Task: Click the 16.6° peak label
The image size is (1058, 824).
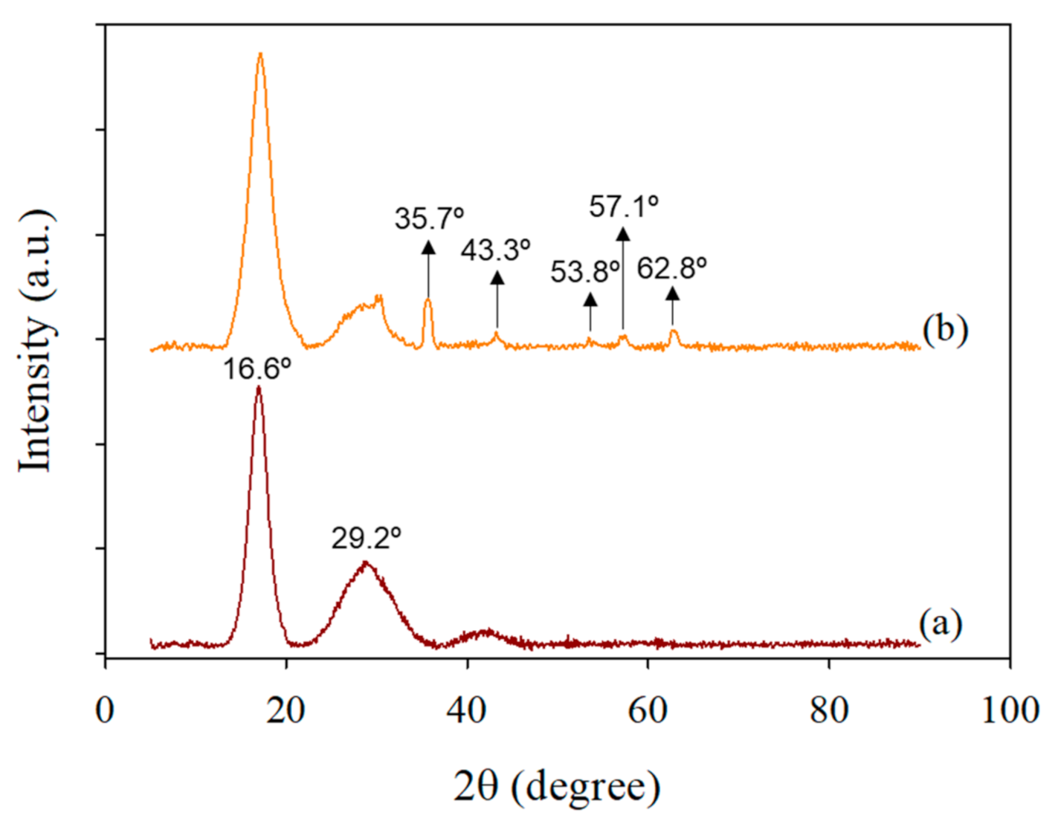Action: tap(257, 368)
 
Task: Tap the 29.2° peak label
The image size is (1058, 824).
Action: tap(366, 537)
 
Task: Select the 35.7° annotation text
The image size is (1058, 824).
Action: tap(429, 218)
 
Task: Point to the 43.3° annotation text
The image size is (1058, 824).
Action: tap(495, 250)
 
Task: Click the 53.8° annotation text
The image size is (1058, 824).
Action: tap(584, 273)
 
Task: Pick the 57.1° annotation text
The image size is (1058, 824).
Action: tap(624, 206)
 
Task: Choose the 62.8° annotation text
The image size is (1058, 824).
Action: tap(671, 268)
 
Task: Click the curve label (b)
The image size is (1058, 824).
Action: tap(945, 328)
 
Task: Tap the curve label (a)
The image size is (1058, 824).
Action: tap(941, 623)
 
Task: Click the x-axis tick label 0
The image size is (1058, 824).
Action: tap(105, 710)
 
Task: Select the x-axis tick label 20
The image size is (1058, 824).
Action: tap(286, 710)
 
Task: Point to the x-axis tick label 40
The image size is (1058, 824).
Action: tap(467, 710)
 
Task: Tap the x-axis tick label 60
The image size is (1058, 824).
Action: tap(648, 710)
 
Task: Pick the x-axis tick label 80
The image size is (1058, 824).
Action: tap(829, 710)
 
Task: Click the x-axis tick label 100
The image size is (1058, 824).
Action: tap(1010, 710)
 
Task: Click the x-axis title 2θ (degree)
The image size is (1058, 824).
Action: tap(557, 786)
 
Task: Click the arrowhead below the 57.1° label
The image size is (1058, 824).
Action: tap(623, 234)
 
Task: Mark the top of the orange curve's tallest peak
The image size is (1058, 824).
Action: tap(259, 53)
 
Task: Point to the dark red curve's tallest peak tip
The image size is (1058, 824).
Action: tap(258, 387)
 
